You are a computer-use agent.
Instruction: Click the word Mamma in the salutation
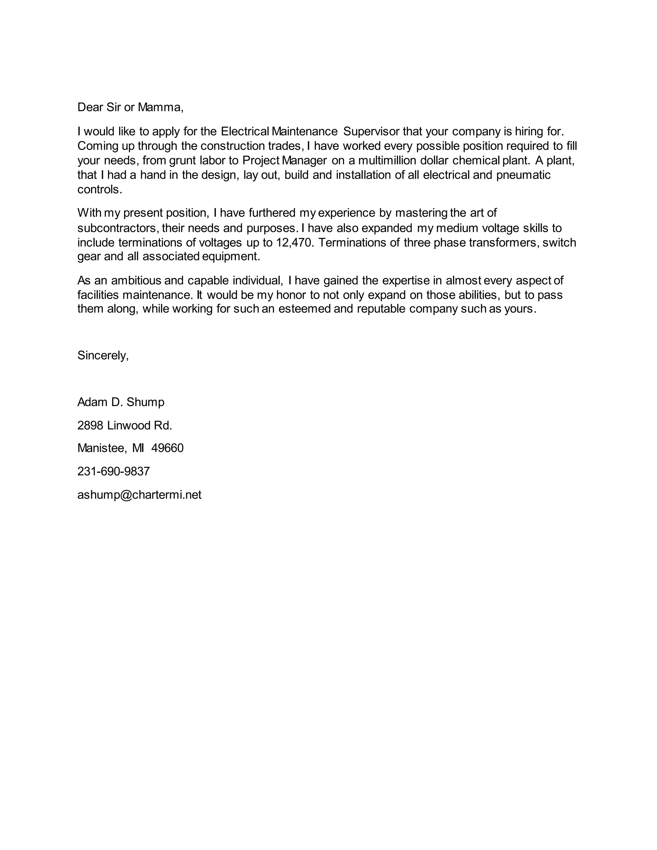pyautogui.click(x=159, y=107)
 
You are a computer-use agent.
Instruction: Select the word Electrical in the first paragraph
pyautogui.click(x=245, y=132)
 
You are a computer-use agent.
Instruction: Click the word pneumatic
pyautogui.click(x=523, y=175)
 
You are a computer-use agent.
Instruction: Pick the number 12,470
pyautogui.click(x=294, y=242)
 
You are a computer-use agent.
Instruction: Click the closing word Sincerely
pyautogui.click(x=103, y=355)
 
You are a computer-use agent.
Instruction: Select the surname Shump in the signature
pyautogui.click(x=145, y=402)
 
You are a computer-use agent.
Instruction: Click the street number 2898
pyautogui.click(x=90, y=425)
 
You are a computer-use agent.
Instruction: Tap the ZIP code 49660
pyautogui.click(x=167, y=448)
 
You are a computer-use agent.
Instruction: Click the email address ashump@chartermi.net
pyautogui.click(x=139, y=495)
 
